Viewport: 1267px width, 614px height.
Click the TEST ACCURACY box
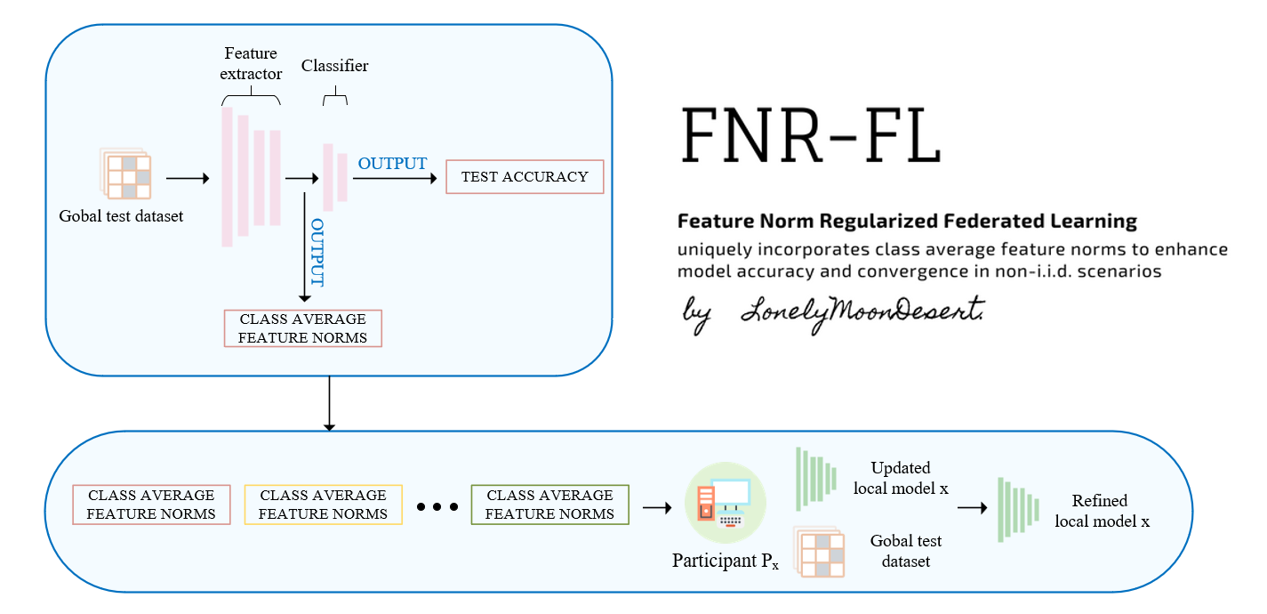[x=525, y=177]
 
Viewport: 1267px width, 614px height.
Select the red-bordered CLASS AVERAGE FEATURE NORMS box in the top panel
[x=302, y=328]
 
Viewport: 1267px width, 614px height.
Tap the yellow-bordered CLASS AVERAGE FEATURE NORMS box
[x=323, y=505]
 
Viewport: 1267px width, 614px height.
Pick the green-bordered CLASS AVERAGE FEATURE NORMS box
[x=549, y=505]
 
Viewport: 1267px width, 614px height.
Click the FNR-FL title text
[x=811, y=134]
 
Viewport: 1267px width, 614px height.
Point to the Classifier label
[x=334, y=66]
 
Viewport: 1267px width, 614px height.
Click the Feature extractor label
[x=251, y=64]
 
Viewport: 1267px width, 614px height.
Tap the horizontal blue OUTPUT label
[x=392, y=164]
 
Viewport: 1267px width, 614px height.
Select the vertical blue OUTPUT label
[x=317, y=253]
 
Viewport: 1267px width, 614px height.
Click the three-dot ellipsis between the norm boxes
[x=437, y=506]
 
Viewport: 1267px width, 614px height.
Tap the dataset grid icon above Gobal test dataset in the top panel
[x=125, y=174]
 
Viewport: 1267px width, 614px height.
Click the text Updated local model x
[x=901, y=478]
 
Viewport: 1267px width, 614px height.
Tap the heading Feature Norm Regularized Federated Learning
[x=907, y=221]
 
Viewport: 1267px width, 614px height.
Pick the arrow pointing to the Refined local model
[x=972, y=508]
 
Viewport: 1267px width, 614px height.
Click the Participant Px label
[x=725, y=562]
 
